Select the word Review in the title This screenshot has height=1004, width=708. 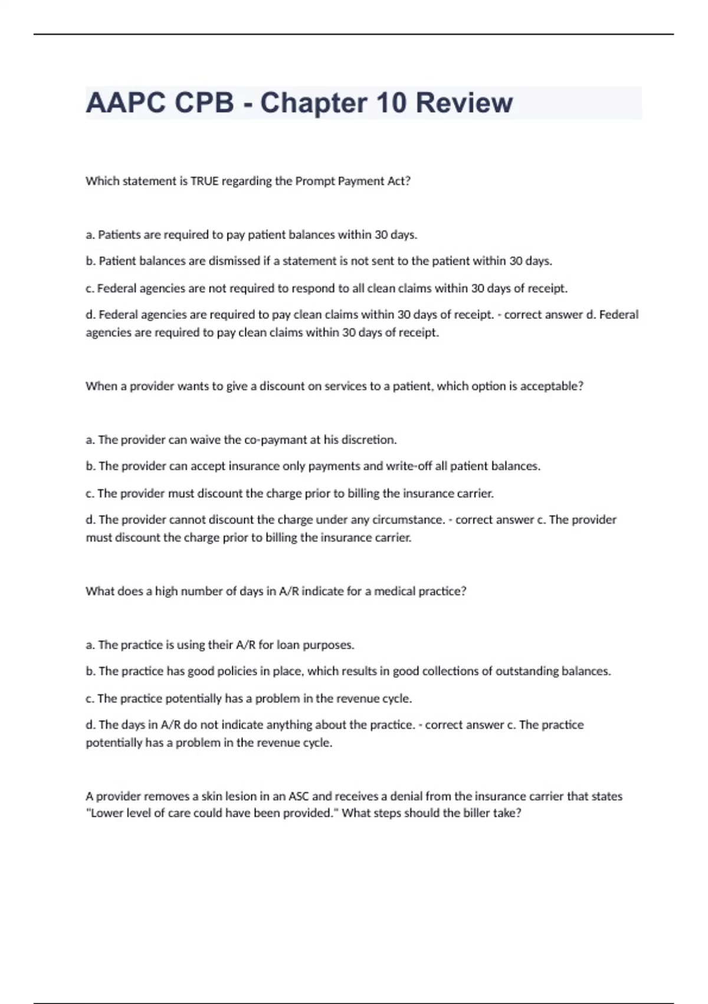[x=464, y=103]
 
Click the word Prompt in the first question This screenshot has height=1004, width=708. [x=314, y=181]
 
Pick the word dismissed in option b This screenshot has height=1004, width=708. [x=234, y=261]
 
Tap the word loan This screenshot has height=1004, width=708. [x=288, y=645]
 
